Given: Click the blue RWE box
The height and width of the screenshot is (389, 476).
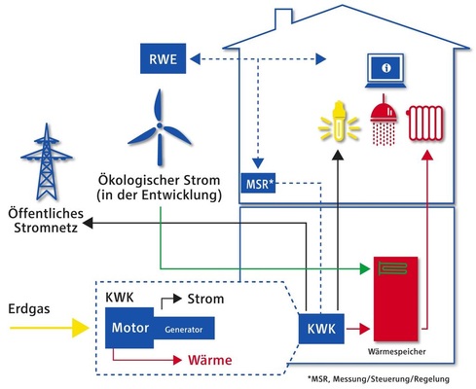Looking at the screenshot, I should click(x=162, y=59).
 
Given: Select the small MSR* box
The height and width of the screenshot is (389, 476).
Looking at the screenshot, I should click(x=259, y=183).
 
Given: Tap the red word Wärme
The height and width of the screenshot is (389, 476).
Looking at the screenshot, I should click(x=212, y=361).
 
